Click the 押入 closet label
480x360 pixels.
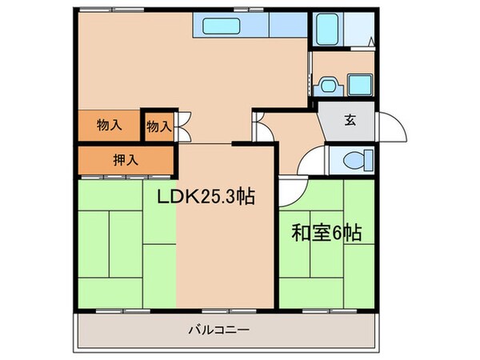click(125, 159)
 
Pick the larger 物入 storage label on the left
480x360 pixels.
click(109, 125)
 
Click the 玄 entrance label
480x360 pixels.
click(350, 122)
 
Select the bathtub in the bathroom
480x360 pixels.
click(326, 30)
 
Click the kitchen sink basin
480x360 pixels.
click(221, 26)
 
